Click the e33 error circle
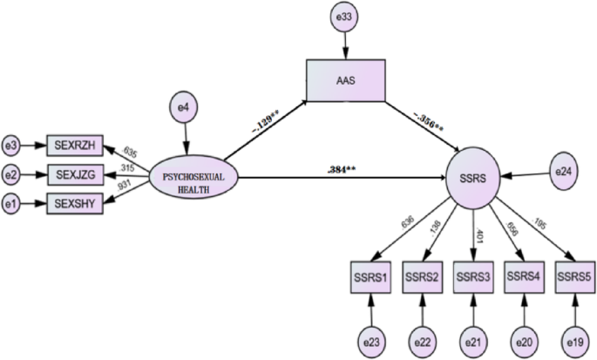tap(346, 18)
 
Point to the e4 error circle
tap(184, 109)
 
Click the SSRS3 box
tap(473, 275)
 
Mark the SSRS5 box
tap(574, 275)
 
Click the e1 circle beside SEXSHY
tap(11, 205)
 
